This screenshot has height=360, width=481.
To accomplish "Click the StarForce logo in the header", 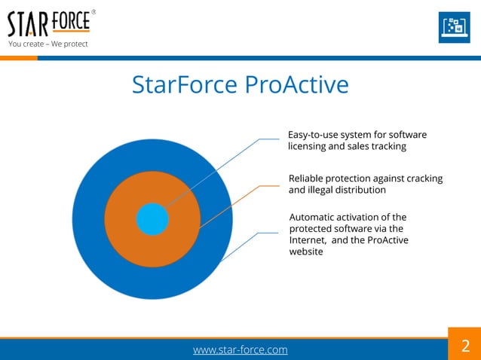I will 49,24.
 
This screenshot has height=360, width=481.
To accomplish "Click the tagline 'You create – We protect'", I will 48,44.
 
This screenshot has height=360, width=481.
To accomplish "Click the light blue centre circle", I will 152,219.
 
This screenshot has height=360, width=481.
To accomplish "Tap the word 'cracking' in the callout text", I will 423,178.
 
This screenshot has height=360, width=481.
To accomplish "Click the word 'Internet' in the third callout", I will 308,240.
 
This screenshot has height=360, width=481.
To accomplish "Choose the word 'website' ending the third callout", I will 306,252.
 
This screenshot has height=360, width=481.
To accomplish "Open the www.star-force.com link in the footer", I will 240,349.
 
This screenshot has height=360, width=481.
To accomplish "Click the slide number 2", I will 464,346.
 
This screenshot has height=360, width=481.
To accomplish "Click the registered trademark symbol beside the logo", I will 93,12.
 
